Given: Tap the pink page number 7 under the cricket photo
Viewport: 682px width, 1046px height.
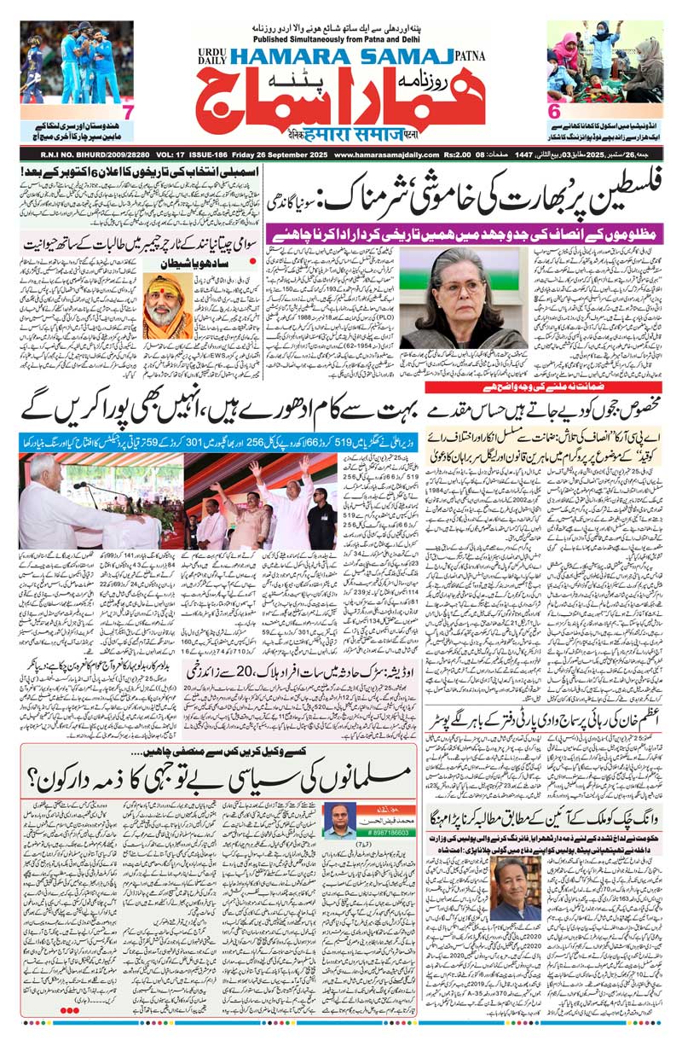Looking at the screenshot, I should tap(127, 113).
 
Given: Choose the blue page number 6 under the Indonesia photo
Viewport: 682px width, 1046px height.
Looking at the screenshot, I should tap(554, 113).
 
